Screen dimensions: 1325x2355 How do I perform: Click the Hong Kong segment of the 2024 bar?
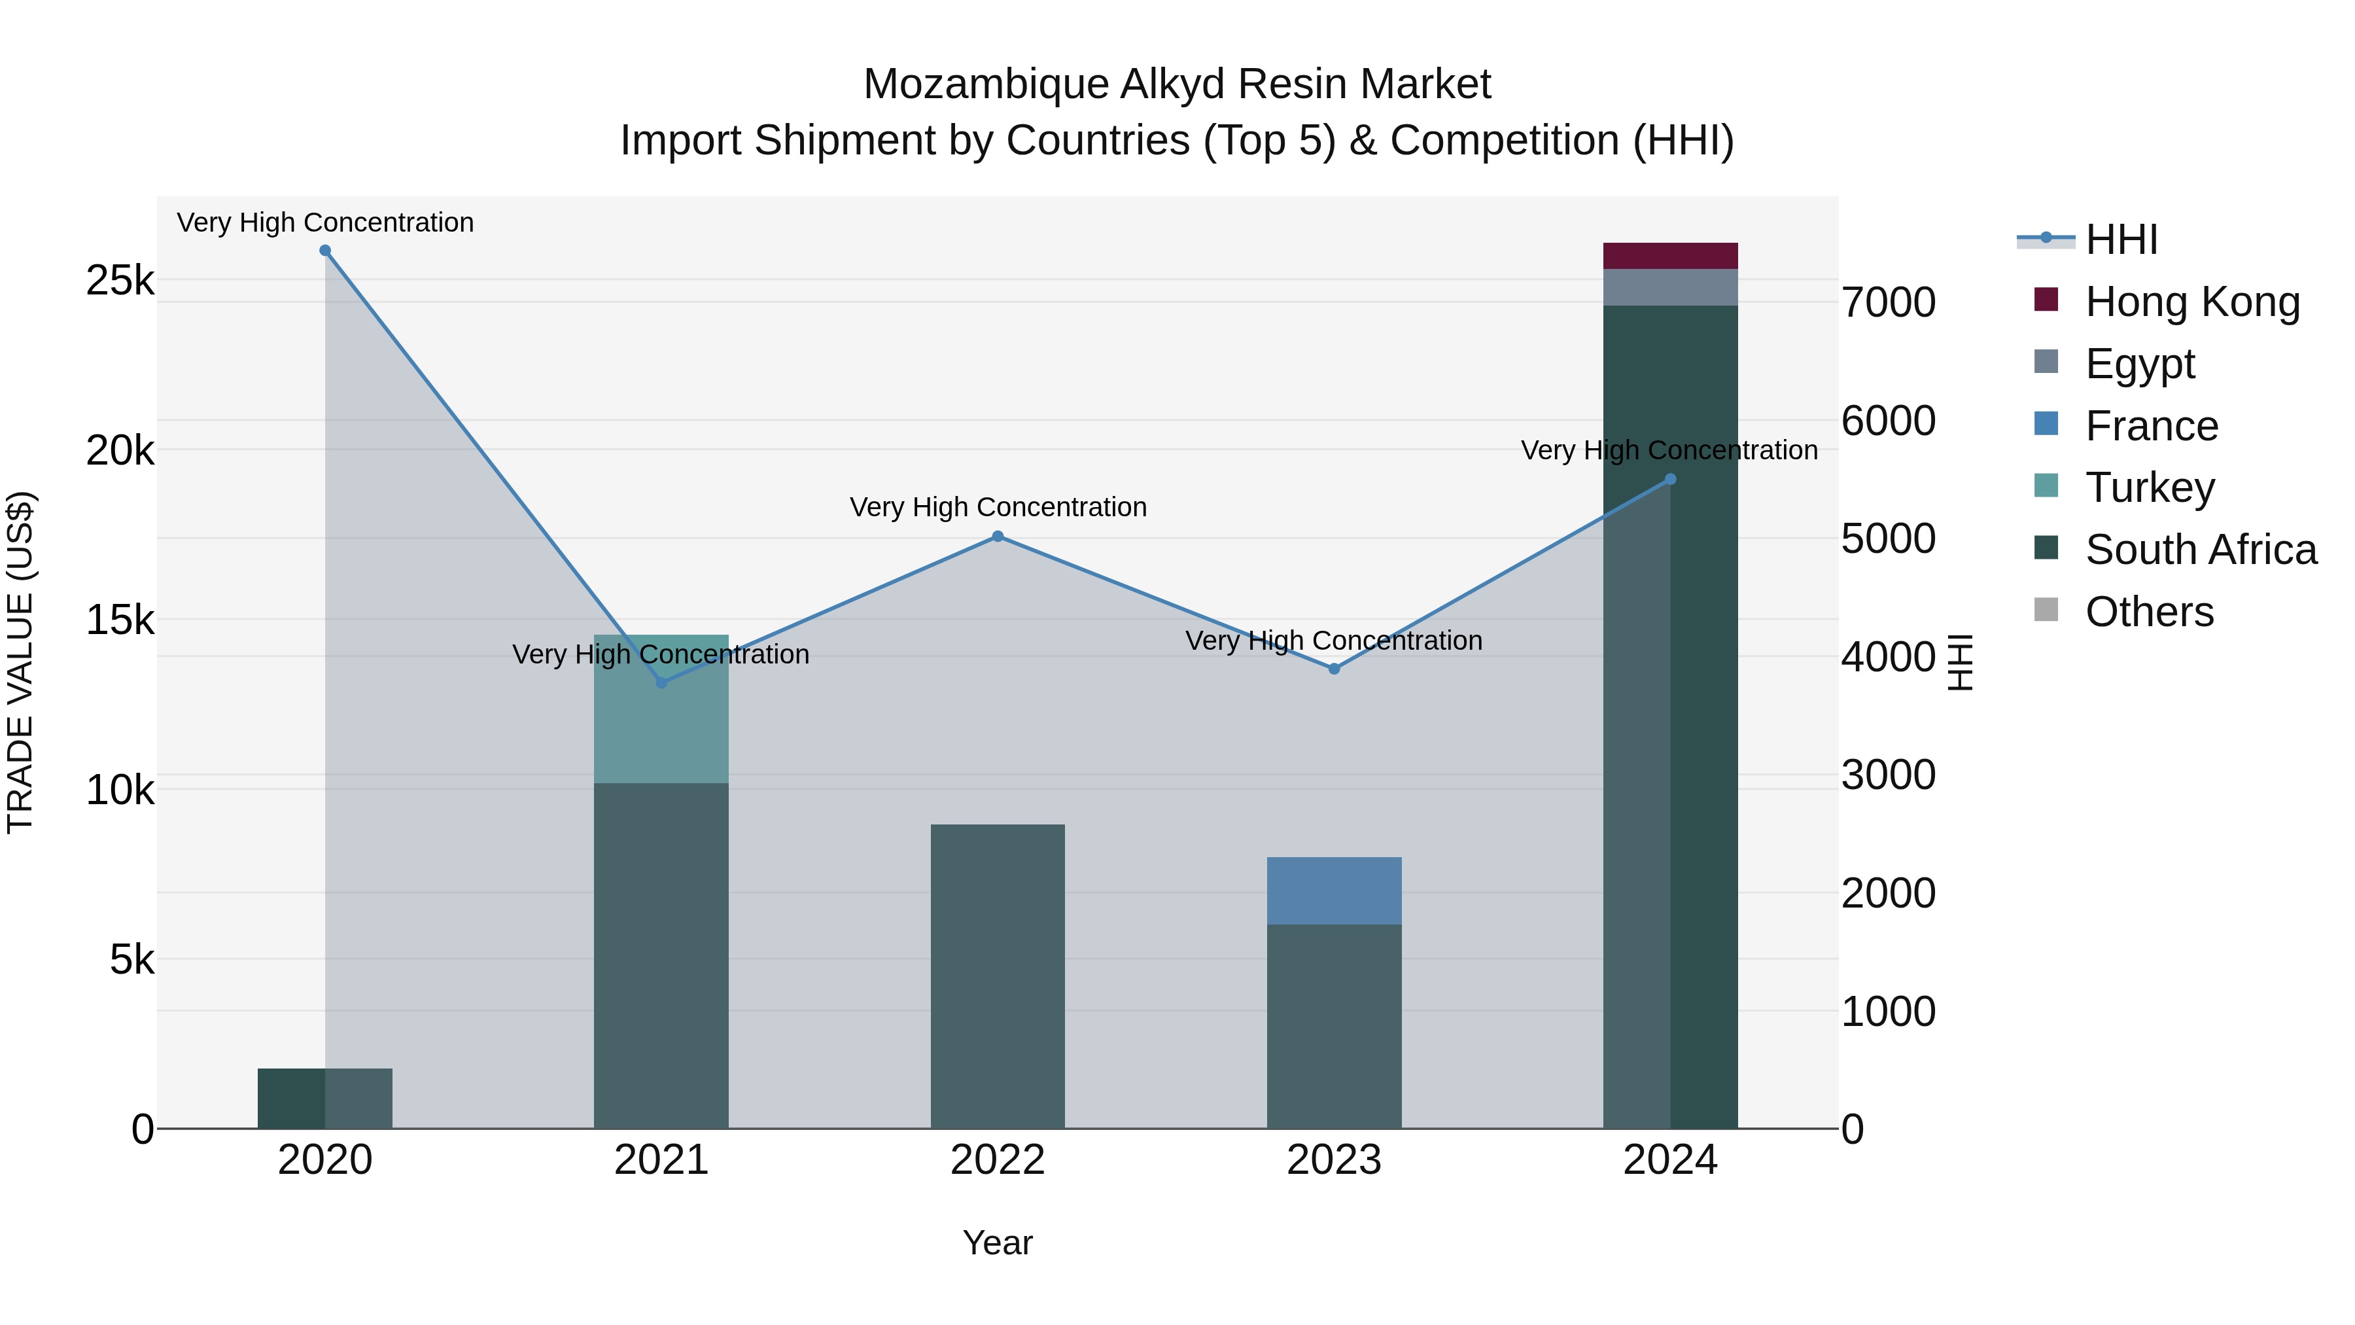[x=1670, y=256]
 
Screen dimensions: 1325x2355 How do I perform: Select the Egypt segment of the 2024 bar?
[x=1670, y=287]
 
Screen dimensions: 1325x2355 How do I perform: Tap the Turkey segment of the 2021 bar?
[x=661, y=709]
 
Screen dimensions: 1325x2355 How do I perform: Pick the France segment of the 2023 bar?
[x=1334, y=890]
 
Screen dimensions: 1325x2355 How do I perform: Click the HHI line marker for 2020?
[x=324, y=251]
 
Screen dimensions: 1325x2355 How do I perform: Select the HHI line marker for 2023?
[x=1334, y=669]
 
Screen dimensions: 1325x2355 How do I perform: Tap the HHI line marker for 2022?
[x=998, y=537]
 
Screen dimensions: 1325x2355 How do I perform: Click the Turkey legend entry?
[x=2150, y=487]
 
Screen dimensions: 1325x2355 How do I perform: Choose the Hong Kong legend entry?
[x=2191, y=302]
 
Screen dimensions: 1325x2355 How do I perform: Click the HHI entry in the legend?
[x=2121, y=239]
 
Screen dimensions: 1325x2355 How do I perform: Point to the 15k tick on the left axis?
[x=120, y=621]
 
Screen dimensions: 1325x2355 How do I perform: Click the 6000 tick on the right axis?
[x=1888, y=421]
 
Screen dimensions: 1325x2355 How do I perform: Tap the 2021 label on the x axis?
[x=661, y=1160]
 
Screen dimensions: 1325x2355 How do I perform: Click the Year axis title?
[x=998, y=1243]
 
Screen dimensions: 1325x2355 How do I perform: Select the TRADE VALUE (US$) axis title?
[x=20, y=662]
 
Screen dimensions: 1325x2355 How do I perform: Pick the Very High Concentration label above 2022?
[x=998, y=508]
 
